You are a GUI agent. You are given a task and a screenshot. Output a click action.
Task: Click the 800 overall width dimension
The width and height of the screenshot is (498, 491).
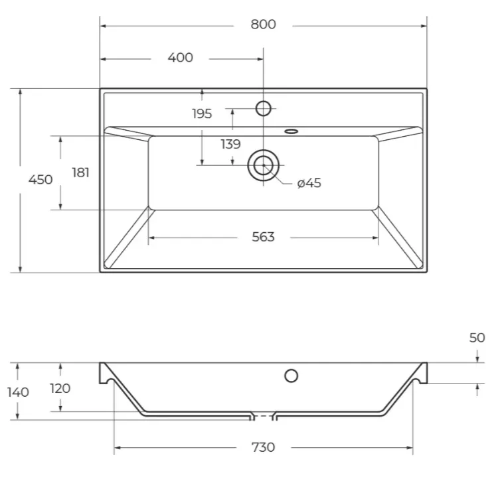click(x=263, y=25)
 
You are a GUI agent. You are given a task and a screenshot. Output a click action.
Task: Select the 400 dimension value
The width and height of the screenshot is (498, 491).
click(x=180, y=58)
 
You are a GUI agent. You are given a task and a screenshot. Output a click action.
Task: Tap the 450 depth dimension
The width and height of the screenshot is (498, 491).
click(x=41, y=180)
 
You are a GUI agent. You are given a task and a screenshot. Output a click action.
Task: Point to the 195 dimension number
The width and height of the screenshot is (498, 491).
click(x=202, y=113)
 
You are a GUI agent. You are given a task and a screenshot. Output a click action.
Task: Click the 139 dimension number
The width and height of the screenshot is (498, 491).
click(x=230, y=144)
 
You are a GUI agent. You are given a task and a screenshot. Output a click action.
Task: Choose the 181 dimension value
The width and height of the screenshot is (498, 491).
click(x=80, y=173)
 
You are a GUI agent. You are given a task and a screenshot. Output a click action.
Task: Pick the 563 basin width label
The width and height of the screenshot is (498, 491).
click(x=263, y=237)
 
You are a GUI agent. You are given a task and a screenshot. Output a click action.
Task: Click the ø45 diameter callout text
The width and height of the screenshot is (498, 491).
click(x=309, y=183)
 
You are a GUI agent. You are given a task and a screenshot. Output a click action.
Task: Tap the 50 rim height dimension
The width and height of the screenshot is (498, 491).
click(x=477, y=338)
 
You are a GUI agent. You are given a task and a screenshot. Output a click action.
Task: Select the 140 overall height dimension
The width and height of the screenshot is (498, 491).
click(x=18, y=393)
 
